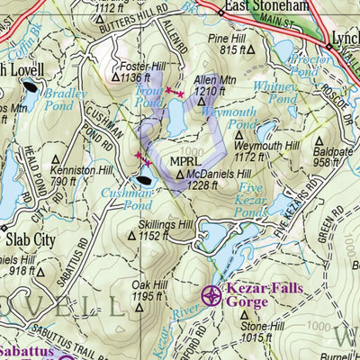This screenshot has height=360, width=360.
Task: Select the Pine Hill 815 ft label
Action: pos(251,45)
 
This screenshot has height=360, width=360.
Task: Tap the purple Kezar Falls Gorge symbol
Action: pos(211,294)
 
